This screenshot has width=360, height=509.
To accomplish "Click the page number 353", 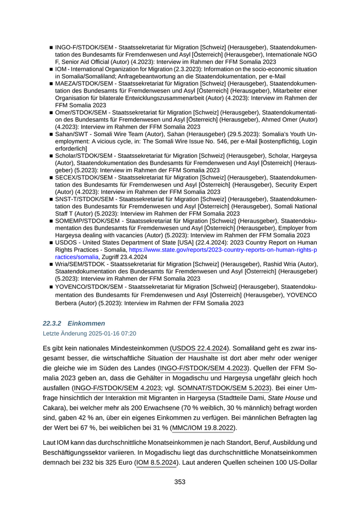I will click(x=179, y=482).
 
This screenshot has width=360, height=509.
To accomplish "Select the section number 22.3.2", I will click(x=51, y=323).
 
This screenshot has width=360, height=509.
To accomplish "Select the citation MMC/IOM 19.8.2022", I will click(x=205, y=427).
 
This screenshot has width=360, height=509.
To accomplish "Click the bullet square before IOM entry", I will click(x=51, y=69).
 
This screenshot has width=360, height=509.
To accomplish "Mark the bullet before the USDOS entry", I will click(x=51, y=242).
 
